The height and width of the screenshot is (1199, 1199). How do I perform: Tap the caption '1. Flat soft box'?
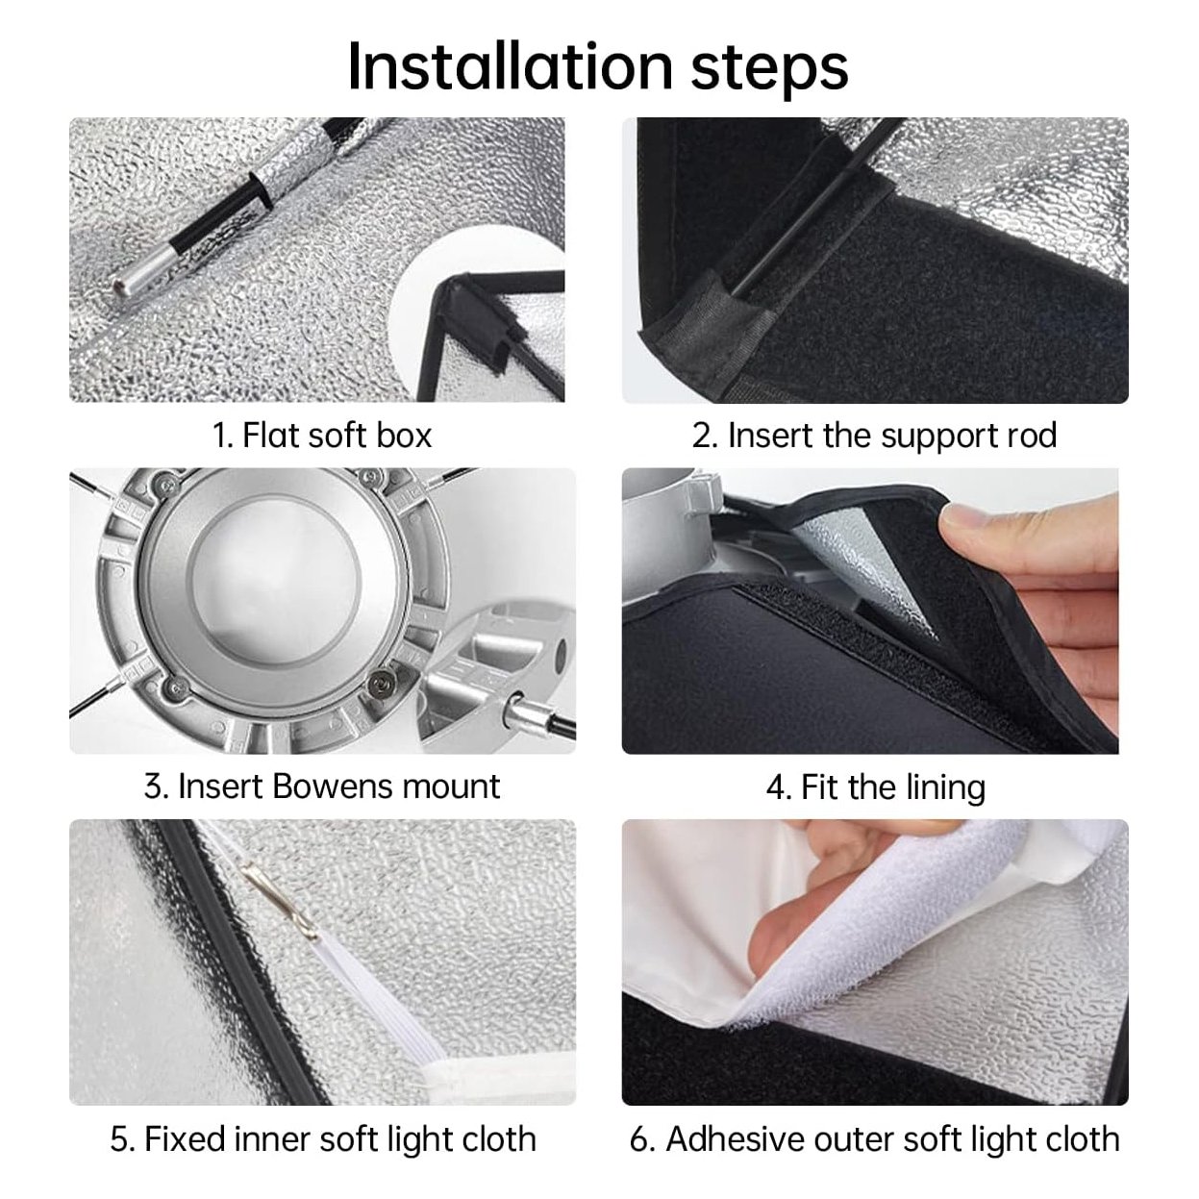pyautogui.click(x=322, y=435)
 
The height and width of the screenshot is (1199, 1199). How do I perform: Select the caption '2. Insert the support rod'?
pyautogui.click(x=874, y=435)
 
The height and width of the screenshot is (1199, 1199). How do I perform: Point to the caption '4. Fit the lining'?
pyautogui.click(x=876, y=787)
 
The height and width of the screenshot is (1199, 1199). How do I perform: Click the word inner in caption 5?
pyautogui.click(x=271, y=1139)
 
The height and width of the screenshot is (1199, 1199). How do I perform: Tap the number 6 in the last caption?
pyautogui.click(x=639, y=1140)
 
